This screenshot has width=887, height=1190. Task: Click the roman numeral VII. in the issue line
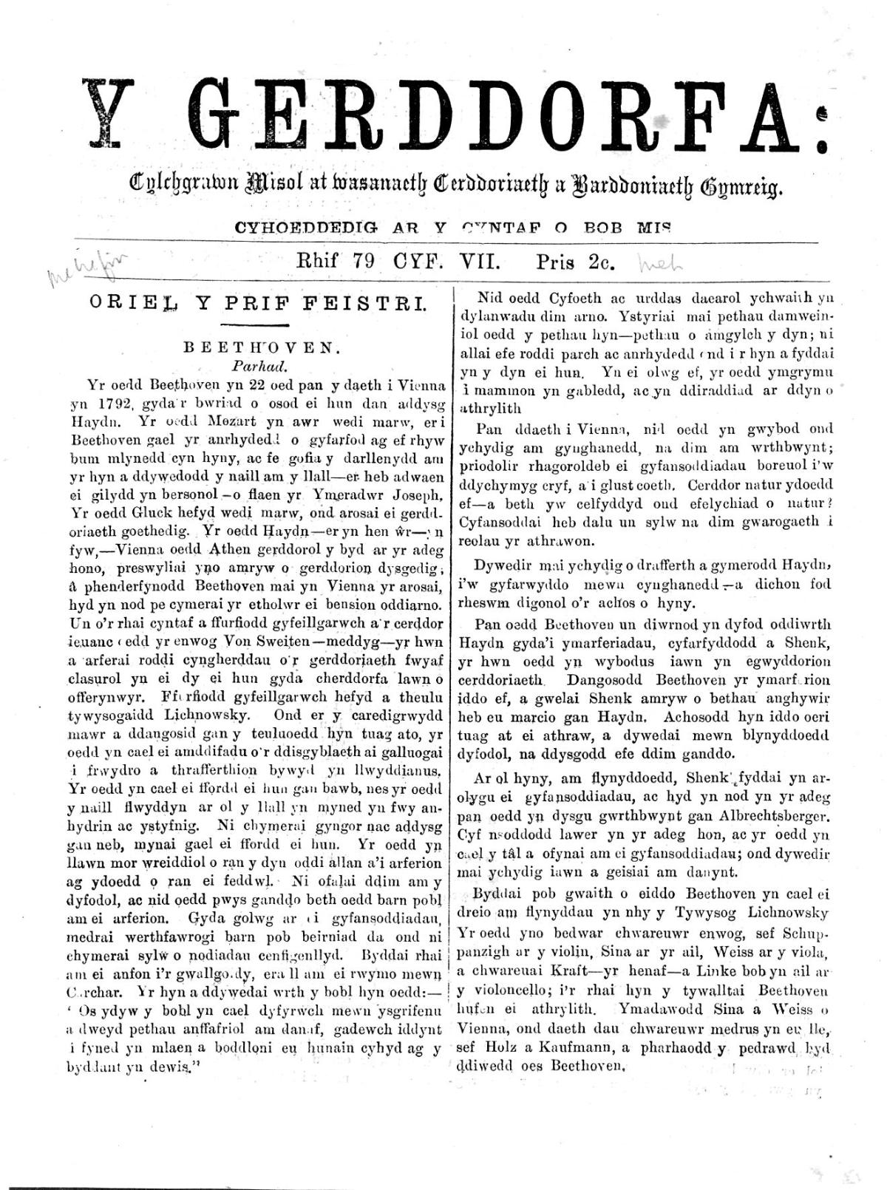[x=480, y=261]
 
